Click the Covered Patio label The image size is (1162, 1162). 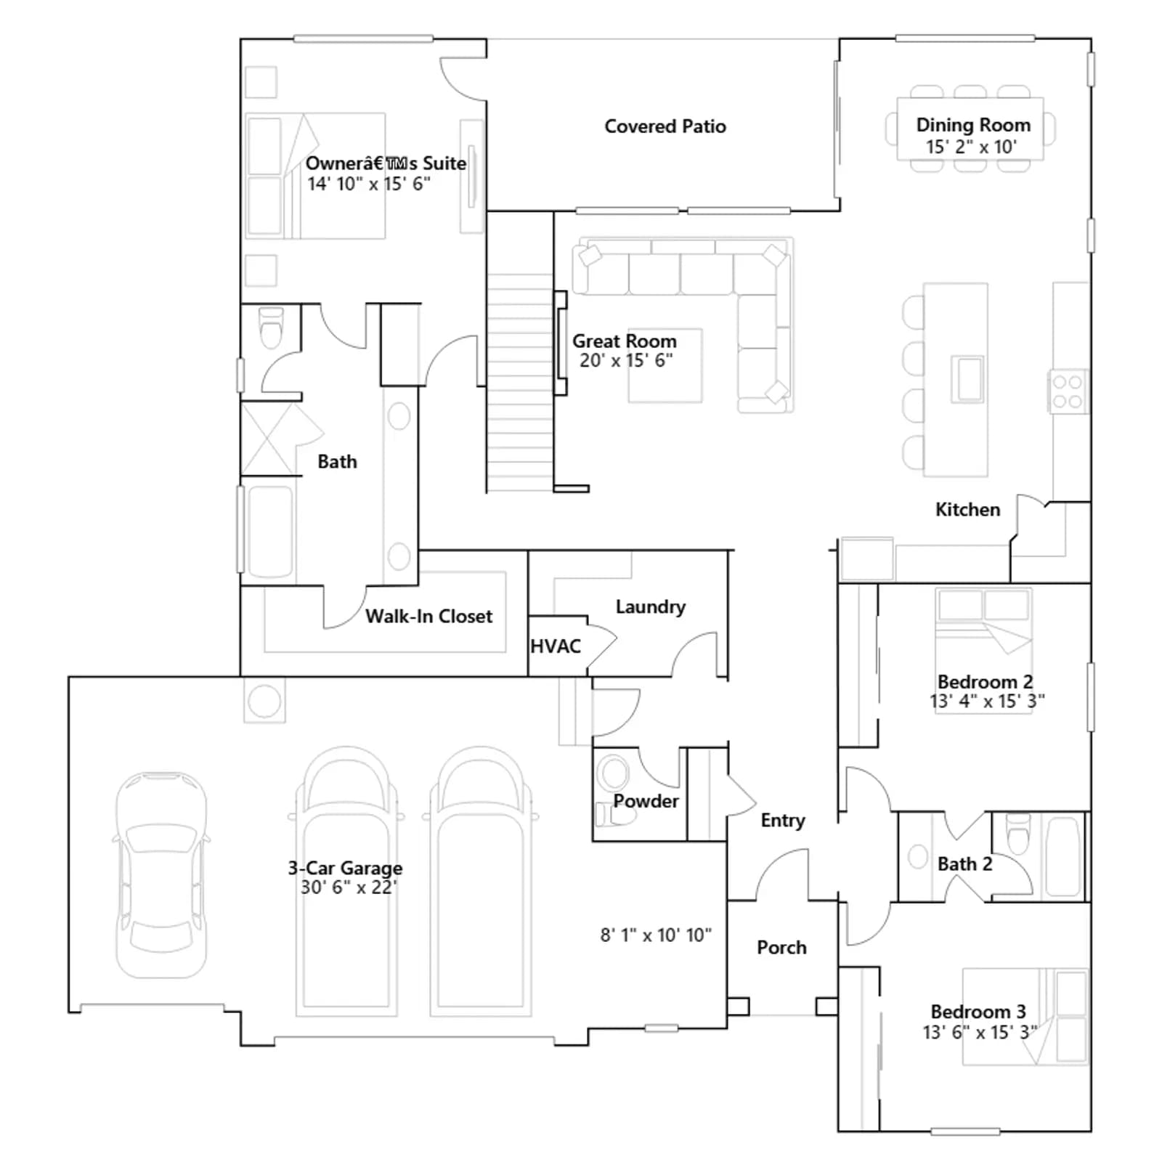665,126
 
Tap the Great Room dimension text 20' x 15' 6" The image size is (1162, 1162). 626,360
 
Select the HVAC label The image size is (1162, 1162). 556,646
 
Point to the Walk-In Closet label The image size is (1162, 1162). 428,617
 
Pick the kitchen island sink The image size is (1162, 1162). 967,378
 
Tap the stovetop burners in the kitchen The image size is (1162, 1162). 1068,391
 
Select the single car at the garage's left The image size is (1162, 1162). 161,874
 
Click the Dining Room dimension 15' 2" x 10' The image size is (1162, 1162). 971,147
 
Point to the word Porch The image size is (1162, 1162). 781,948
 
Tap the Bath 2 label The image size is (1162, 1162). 964,864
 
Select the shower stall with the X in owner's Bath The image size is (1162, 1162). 268,439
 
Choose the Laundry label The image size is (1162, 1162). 650,607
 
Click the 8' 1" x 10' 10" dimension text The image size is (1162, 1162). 656,935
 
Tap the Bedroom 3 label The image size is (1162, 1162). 978,1012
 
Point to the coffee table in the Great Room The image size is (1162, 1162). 665,365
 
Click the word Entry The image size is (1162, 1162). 783,821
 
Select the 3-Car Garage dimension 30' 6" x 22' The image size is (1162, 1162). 349,887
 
